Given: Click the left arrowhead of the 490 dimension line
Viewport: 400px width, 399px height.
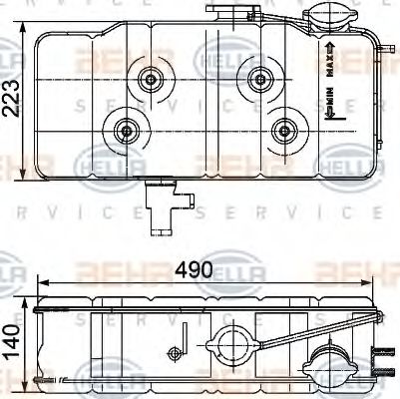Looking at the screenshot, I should tap(40, 283).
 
